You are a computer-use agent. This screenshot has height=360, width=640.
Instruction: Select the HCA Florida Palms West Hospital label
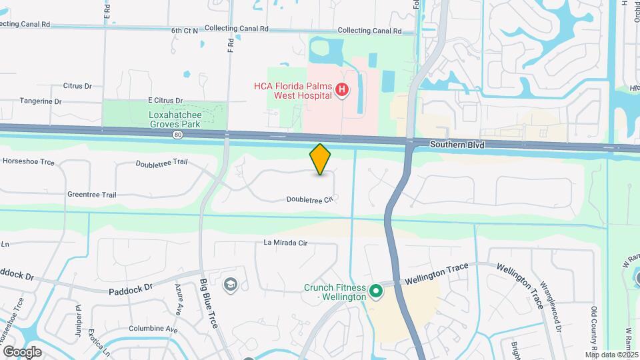tap(293, 91)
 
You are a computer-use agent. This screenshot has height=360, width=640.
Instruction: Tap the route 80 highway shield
tap(177, 135)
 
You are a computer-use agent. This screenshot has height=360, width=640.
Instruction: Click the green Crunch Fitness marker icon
tap(375, 291)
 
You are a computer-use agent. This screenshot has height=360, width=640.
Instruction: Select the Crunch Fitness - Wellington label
tap(335, 292)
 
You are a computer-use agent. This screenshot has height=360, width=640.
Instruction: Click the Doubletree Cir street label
tap(309, 199)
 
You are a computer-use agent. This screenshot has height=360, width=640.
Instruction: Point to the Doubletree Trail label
tap(162, 163)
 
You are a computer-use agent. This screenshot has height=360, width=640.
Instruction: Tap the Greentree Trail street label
tap(92, 195)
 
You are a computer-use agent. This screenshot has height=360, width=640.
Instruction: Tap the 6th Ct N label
tap(185, 31)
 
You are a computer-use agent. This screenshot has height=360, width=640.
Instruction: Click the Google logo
tap(22, 351)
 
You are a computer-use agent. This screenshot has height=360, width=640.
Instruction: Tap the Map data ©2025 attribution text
tap(611, 354)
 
